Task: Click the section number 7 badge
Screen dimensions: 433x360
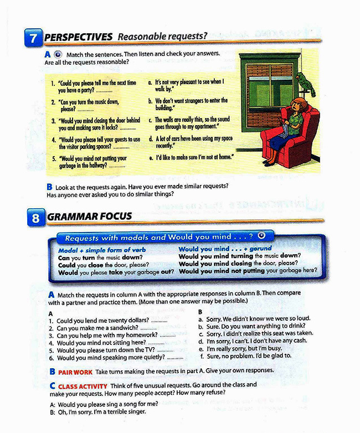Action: pos(33,38)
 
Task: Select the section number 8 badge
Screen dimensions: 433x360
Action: pos(35,218)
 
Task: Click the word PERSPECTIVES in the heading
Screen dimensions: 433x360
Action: pos(78,37)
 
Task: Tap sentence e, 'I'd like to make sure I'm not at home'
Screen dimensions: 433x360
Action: pos(191,158)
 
